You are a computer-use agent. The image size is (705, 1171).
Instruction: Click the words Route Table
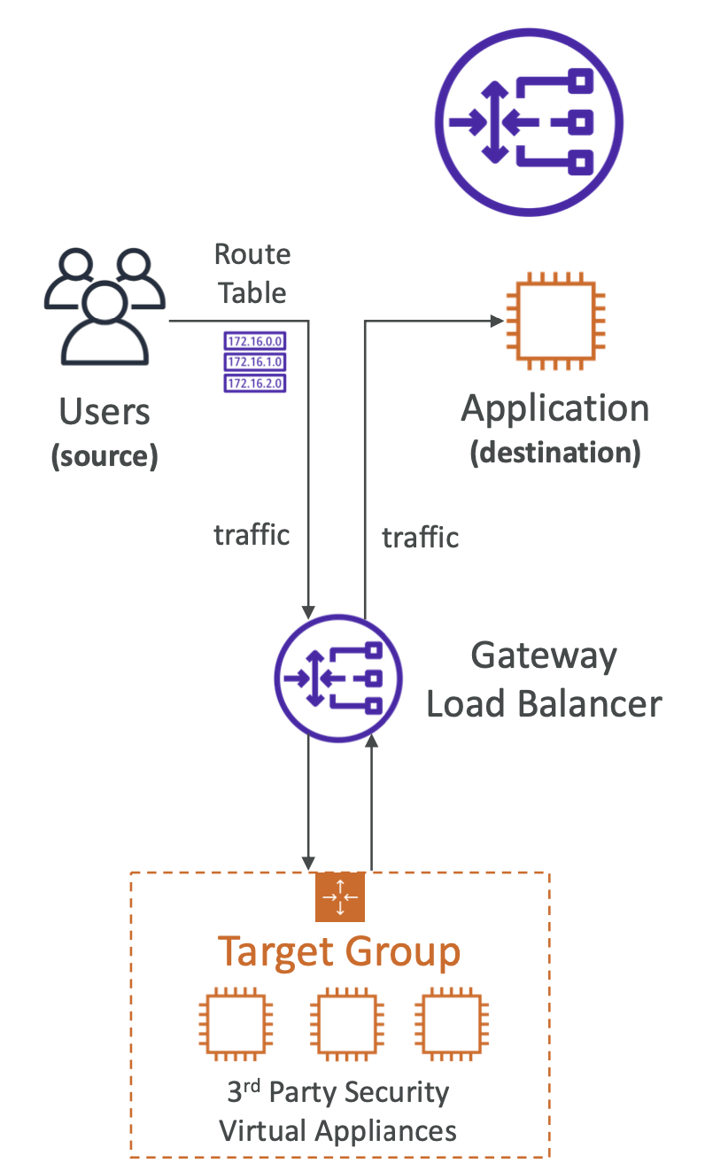coord(252,273)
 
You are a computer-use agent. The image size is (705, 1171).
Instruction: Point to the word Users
coord(105,413)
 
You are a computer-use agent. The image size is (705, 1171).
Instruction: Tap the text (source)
coord(105,456)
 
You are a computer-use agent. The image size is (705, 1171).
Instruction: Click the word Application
coord(555,409)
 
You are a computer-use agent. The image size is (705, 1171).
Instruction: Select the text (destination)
coord(555,453)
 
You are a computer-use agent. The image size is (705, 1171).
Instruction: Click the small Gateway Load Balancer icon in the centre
coord(337,679)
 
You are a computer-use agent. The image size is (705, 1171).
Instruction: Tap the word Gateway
coord(544,657)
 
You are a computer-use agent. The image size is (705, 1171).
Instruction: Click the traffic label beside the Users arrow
coord(252,535)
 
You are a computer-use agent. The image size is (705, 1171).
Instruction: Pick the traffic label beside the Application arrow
coord(420,537)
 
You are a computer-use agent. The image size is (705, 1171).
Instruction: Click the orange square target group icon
coord(339,896)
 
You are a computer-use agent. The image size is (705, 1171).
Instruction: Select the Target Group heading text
coord(339,952)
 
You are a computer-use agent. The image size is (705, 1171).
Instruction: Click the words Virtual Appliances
coord(338,1131)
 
